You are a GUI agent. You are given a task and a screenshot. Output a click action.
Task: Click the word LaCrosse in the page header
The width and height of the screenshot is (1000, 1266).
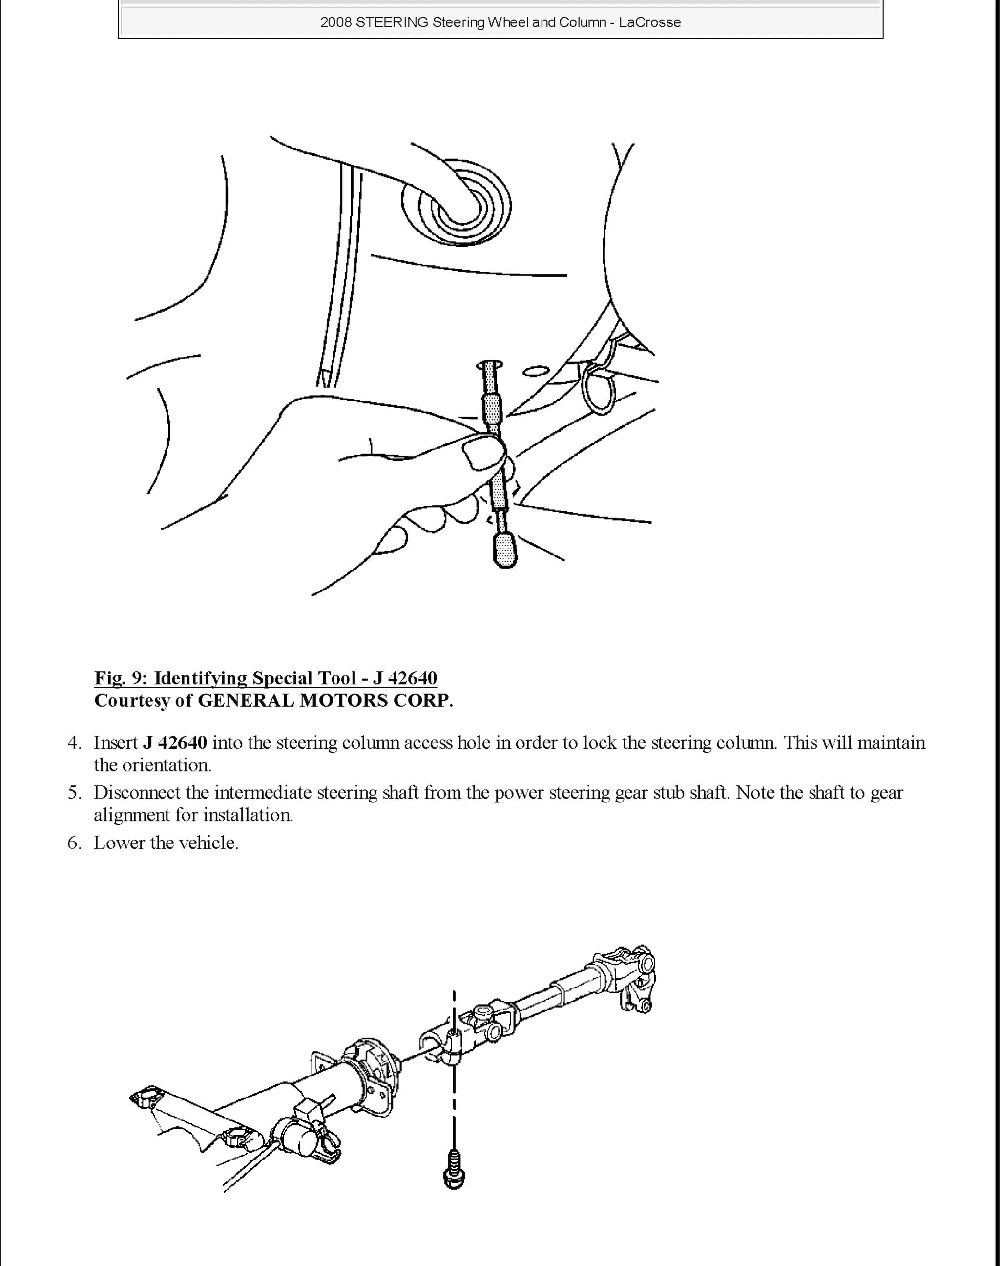pos(650,22)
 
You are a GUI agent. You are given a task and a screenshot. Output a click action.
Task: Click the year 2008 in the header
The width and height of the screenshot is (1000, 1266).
pos(335,22)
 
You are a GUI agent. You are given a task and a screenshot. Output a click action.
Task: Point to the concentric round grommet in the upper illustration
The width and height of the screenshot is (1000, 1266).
pos(457,205)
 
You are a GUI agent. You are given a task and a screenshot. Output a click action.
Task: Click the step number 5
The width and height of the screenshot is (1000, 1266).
pos(74,793)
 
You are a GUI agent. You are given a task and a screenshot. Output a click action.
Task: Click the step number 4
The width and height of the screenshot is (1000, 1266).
pos(74,743)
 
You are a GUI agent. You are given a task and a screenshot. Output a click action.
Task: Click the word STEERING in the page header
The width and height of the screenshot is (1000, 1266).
pos(392,22)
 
